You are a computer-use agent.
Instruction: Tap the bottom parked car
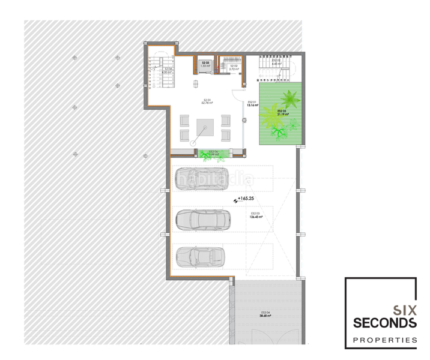click(x=200, y=257)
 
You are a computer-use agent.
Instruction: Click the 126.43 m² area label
click(x=255, y=215)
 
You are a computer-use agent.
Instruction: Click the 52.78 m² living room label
click(x=207, y=101)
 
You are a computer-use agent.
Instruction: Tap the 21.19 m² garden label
click(x=283, y=112)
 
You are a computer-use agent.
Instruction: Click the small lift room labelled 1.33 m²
click(x=205, y=65)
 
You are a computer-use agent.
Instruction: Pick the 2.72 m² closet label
click(x=234, y=68)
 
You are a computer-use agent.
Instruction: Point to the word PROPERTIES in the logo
click(x=384, y=340)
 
